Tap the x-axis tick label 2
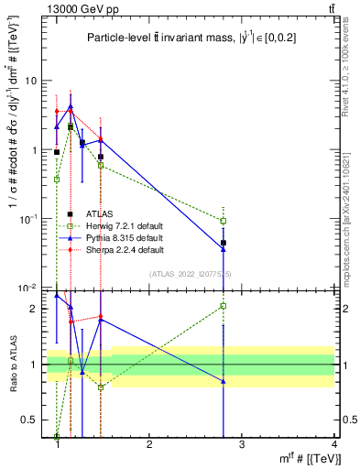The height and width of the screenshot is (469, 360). (x=149, y=445)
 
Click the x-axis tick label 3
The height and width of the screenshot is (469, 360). (x=242, y=445)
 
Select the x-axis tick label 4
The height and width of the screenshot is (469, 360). (x=333, y=445)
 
